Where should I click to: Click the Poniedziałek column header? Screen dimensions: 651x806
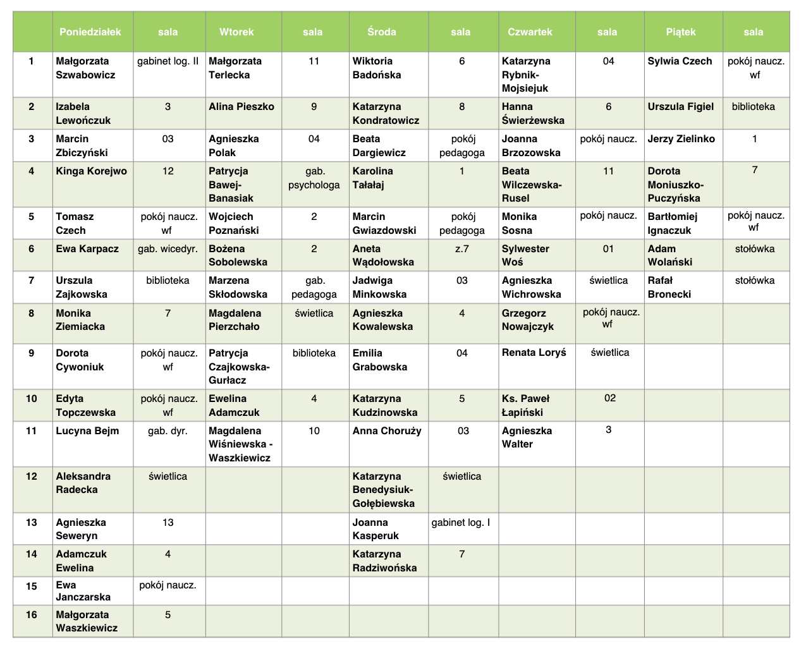90,32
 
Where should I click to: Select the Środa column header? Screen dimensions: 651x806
382,32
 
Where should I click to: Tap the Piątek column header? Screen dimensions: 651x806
681,32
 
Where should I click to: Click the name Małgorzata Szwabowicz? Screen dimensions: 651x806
85,68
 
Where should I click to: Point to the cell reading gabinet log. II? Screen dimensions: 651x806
168,61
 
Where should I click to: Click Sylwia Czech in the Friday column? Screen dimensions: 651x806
680,61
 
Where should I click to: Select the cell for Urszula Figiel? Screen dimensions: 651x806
680,107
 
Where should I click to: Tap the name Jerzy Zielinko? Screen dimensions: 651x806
681,139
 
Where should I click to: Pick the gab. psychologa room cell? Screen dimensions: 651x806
314,178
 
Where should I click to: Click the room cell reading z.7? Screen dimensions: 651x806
462,249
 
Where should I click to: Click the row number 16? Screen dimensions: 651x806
32,615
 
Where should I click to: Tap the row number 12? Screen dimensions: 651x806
32,477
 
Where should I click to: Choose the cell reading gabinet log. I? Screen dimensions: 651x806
461,523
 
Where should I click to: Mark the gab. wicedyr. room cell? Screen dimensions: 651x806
168,249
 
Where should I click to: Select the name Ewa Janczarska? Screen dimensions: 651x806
83,591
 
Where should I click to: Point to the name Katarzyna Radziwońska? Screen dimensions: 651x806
384,561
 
